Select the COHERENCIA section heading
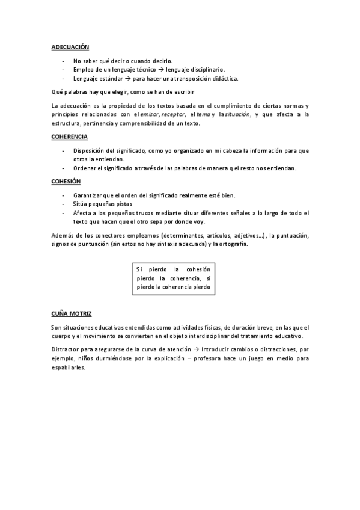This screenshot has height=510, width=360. point(70,137)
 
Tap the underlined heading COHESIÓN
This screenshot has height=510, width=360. point(66,182)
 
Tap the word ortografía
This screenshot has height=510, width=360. point(228,244)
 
